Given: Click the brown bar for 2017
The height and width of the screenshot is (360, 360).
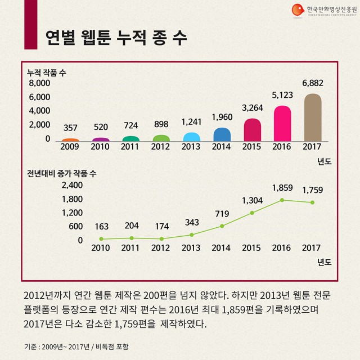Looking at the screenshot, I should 313,118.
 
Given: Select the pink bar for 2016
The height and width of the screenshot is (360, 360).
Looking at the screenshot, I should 282,124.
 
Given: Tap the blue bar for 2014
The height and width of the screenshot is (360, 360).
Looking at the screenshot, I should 222,134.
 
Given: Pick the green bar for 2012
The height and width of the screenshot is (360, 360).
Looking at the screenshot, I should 161,138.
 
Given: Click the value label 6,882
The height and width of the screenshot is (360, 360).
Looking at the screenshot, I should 313,83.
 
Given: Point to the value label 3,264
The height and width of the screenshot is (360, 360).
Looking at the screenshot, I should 252,107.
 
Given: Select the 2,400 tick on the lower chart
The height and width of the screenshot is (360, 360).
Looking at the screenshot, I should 71,185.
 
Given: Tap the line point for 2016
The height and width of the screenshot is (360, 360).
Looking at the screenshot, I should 282,200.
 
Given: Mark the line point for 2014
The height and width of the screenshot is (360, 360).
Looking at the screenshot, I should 222,226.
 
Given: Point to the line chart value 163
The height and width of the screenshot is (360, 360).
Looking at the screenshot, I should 101,227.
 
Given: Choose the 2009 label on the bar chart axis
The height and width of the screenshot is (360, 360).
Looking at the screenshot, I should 70,147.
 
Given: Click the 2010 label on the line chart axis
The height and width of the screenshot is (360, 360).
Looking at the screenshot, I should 101,248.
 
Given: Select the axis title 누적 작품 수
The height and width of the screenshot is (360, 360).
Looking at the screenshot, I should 46,73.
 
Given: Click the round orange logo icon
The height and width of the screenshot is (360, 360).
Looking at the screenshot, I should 297,10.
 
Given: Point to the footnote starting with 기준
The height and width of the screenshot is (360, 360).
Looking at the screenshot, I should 79,346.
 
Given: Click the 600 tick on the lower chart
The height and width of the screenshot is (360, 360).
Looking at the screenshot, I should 75,227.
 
